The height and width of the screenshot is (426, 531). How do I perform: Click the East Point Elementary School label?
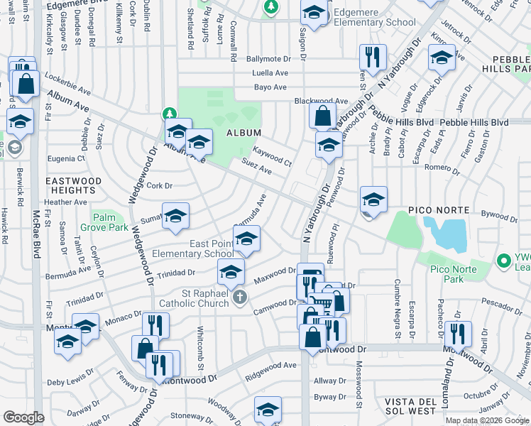[211, 248]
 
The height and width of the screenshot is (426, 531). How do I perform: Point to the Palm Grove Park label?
[109, 222]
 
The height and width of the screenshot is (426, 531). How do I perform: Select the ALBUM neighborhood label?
[243, 133]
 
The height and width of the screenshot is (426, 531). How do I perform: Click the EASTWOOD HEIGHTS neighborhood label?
[73, 186]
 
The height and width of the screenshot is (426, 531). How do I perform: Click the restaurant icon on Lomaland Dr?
[456, 332]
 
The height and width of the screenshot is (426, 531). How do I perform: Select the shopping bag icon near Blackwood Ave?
[322, 115]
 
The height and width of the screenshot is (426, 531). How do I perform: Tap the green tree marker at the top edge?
[270, 6]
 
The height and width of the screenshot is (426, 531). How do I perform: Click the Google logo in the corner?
[24, 417]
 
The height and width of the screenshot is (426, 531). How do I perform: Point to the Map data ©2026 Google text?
[487, 420]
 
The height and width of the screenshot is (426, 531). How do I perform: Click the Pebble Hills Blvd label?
[476, 122]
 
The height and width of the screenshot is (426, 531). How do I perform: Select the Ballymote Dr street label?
[269, 59]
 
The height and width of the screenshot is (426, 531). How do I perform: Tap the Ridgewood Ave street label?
[270, 365]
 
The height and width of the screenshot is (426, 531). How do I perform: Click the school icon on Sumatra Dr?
[175, 217]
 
